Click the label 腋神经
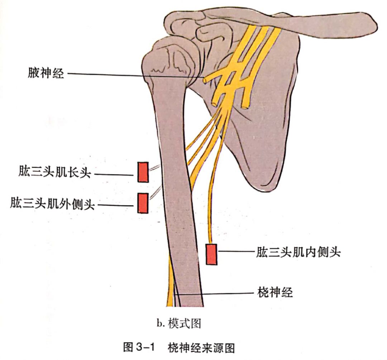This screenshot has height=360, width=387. (46, 74)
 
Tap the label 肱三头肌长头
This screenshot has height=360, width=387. (55, 172)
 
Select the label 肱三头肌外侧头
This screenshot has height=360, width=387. (52, 204)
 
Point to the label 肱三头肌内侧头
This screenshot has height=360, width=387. (298, 252)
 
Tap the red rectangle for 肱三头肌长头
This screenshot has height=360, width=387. (143, 172)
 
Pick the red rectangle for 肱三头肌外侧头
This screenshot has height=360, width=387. (143, 203)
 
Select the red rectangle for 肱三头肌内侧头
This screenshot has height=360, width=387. (211, 254)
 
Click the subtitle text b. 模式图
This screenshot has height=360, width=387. (179, 323)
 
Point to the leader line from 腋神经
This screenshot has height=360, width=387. (136, 75)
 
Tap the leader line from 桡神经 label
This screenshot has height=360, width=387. (214, 294)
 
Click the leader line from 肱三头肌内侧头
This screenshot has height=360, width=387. (236, 251)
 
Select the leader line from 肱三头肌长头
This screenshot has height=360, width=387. (114, 175)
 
